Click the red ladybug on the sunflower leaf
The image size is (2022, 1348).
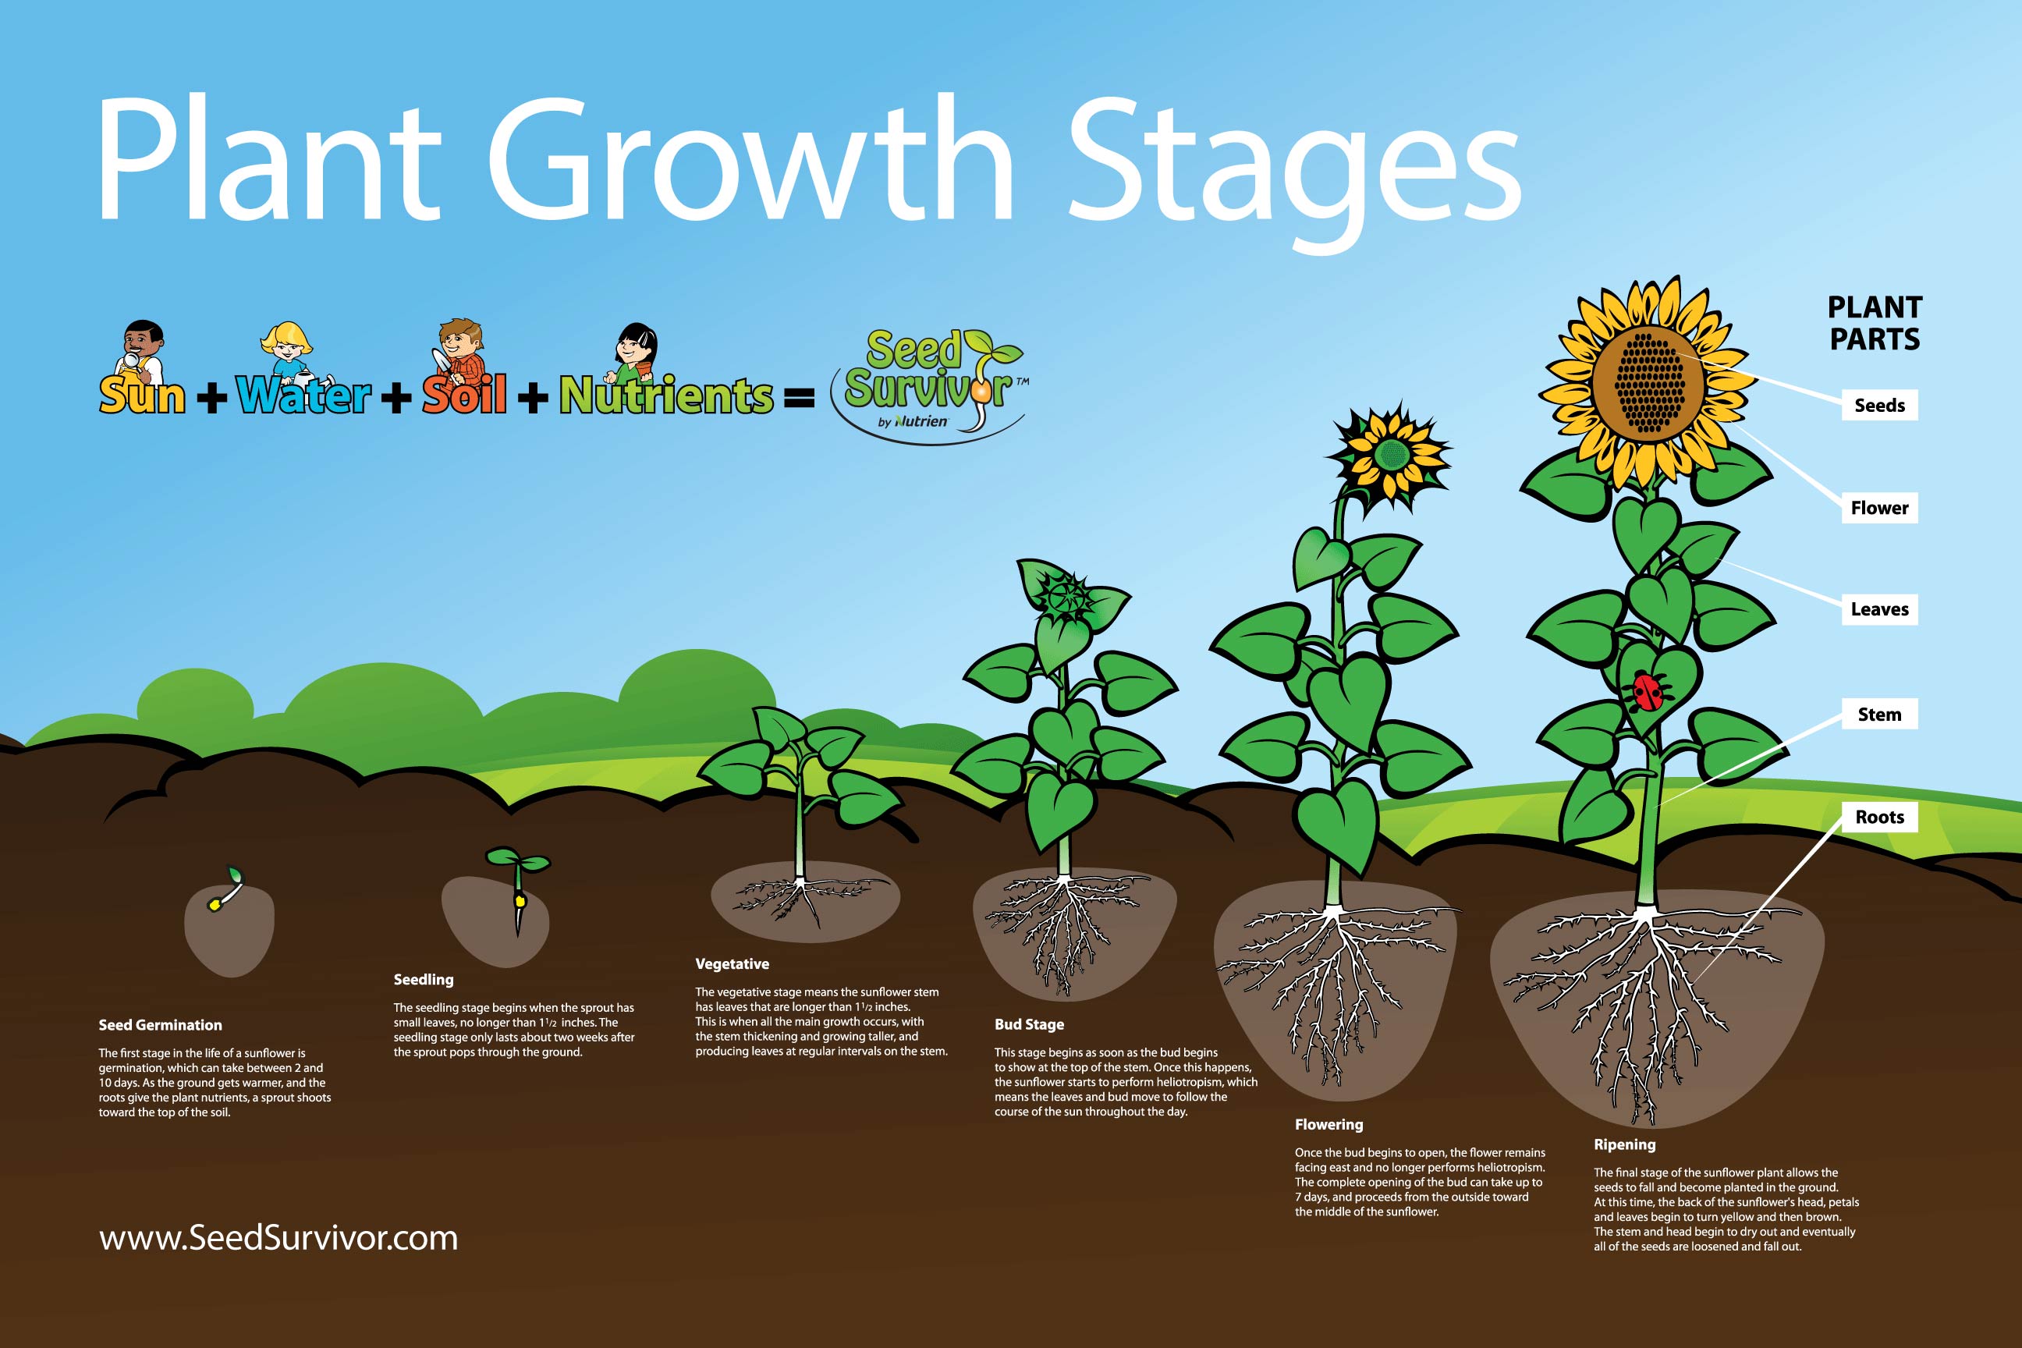coord(1648,691)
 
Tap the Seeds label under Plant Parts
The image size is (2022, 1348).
coord(1879,405)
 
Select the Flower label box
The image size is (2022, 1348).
coord(1879,507)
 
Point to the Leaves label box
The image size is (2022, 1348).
coord(1879,609)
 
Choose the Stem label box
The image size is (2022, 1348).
coord(1879,714)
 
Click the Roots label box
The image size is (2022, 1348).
coord(1879,817)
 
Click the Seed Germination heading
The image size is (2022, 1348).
coord(160,1025)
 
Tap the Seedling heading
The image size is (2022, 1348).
coord(423,979)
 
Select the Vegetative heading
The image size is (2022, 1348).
coord(732,963)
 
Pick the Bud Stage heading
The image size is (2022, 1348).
coord(1029,1024)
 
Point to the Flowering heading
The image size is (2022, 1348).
coord(1328,1124)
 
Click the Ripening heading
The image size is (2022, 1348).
coord(1624,1144)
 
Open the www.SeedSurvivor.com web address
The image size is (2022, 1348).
coord(278,1238)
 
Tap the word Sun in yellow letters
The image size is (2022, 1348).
coord(142,396)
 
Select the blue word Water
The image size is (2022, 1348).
coord(303,396)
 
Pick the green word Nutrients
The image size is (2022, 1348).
coord(666,396)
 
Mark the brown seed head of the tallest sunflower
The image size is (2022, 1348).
coord(1648,384)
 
